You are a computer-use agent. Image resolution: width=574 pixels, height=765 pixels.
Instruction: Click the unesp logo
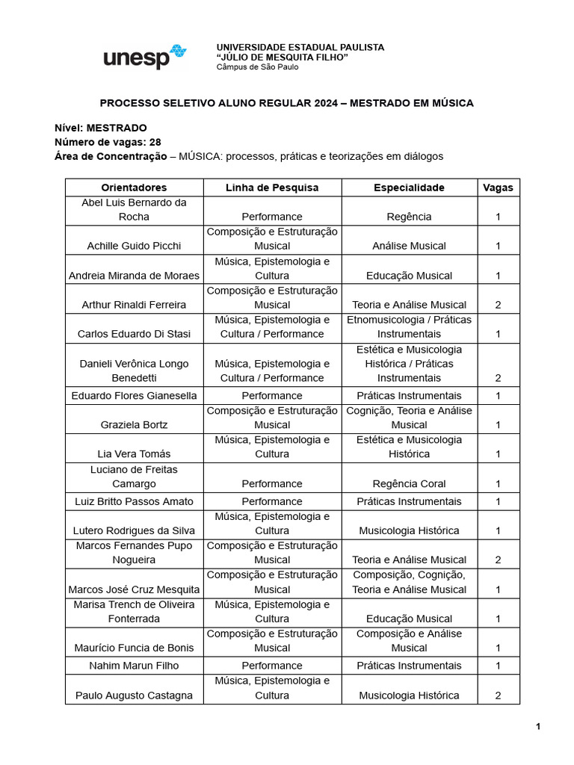(x=144, y=57)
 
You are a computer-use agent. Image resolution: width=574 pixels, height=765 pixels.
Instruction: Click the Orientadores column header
(x=134, y=188)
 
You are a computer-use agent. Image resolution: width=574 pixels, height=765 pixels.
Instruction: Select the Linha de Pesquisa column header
(x=272, y=188)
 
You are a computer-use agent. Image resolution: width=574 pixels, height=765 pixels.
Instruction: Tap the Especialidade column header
(x=409, y=188)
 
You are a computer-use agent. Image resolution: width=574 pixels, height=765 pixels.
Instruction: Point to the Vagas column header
(x=498, y=188)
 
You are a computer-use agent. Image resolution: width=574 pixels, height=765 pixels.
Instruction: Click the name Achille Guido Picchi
(x=134, y=246)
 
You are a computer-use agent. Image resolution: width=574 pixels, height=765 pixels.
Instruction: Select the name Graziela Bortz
(x=134, y=425)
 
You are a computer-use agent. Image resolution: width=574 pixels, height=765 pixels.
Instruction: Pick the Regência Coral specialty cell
(x=409, y=484)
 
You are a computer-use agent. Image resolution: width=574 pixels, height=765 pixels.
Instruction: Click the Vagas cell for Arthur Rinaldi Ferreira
(x=498, y=305)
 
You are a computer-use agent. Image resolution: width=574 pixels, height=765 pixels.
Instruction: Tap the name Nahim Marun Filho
(x=134, y=666)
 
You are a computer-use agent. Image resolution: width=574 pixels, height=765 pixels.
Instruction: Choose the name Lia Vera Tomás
(x=134, y=454)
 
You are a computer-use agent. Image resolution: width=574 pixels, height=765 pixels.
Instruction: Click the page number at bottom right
(x=537, y=726)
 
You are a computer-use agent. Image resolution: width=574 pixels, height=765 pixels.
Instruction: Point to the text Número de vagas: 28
(x=108, y=142)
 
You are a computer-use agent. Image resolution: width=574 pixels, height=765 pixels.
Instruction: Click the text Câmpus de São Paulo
(x=257, y=67)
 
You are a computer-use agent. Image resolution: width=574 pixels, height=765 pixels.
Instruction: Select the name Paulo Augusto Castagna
(x=134, y=696)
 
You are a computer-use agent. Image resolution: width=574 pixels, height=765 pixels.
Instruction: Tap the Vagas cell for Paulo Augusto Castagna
(x=498, y=696)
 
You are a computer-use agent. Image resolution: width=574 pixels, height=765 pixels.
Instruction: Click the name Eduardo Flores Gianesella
(x=134, y=396)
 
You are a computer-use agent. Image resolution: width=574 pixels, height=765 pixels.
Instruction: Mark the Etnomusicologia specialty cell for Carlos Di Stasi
(x=409, y=327)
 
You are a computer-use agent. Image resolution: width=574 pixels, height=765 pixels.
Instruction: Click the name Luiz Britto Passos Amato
(x=134, y=501)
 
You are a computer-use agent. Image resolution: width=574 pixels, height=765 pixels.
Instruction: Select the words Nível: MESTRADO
(x=101, y=128)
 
